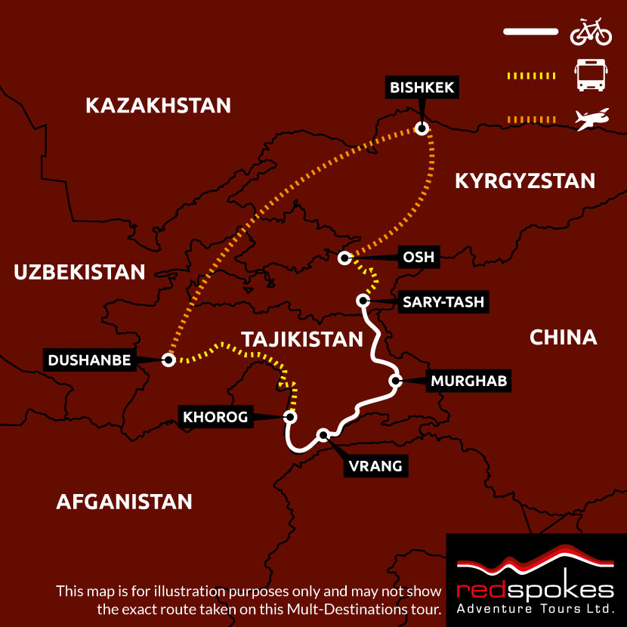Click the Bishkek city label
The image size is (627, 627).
point(422,88)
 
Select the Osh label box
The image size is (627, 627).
point(419,258)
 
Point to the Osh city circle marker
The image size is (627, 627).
point(344,258)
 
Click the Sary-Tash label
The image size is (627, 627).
point(443,303)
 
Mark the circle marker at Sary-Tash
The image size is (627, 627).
point(362,301)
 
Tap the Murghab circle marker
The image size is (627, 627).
point(394,381)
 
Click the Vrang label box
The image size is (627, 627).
point(375,466)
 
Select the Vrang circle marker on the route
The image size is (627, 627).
point(323,434)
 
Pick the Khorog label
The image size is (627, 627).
point(215,416)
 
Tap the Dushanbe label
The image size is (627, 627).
point(90,360)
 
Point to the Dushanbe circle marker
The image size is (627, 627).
point(168,360)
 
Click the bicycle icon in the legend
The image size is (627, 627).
point(590,33)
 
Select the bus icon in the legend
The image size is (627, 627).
point(590,76)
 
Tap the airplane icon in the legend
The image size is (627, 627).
point(591,119)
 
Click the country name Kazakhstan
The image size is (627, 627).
point(158,105)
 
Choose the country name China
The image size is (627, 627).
point(563,337)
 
